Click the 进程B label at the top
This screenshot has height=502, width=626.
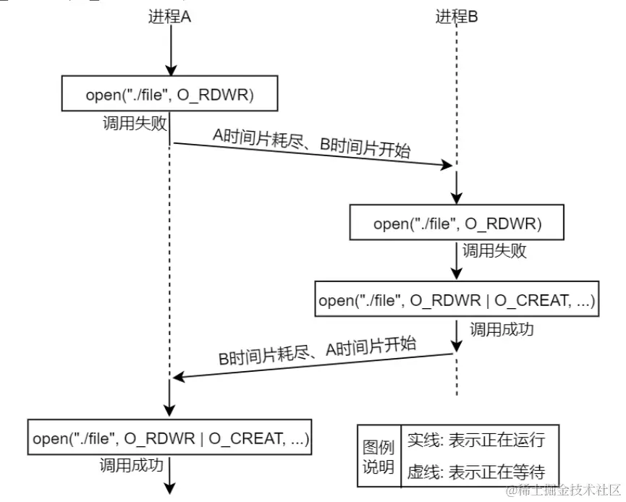[x=456, y=17]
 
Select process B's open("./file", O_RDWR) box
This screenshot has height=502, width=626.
[x=456, y=224]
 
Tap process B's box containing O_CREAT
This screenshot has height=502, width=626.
[x=456, y=300]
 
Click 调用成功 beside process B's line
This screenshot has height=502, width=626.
[x=502, y=329]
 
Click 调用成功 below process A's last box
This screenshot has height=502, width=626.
[x=131, y=465]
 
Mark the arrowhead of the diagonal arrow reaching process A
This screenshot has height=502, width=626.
[x=178, y=377]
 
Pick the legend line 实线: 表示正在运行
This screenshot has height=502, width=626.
[x=475, y=441]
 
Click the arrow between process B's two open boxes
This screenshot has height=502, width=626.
[x=456, y=261]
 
